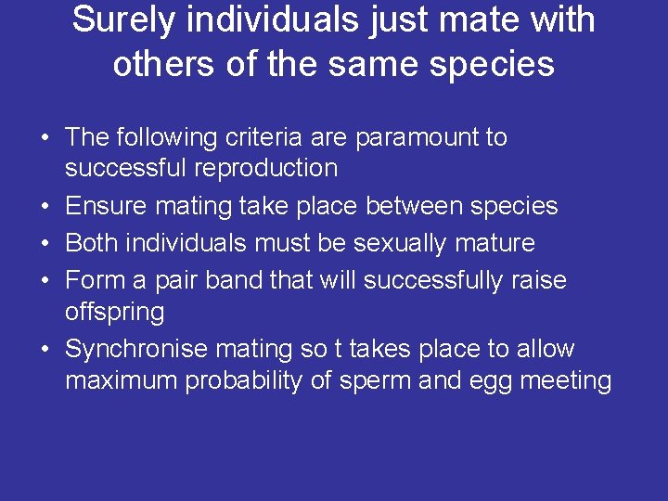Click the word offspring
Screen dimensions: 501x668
[x=114, y=312]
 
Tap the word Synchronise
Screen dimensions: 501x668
[x=136, y=350]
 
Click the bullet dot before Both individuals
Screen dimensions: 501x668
[x=45, y=244]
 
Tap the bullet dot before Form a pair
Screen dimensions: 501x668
[x=45, y=281]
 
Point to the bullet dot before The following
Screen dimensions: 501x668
[x=45, y=138]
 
